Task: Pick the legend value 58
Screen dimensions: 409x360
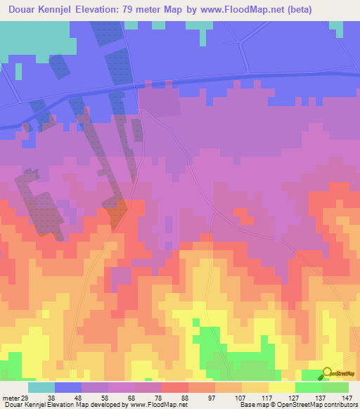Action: [94, 397]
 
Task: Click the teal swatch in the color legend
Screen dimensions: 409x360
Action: [41, 387]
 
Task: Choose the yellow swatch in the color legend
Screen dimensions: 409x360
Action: [281, 387]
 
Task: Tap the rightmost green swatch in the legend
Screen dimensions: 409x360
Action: [335, 387]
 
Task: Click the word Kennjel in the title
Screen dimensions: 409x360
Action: [63, 10]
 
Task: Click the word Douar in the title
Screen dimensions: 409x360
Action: [25, 10]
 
